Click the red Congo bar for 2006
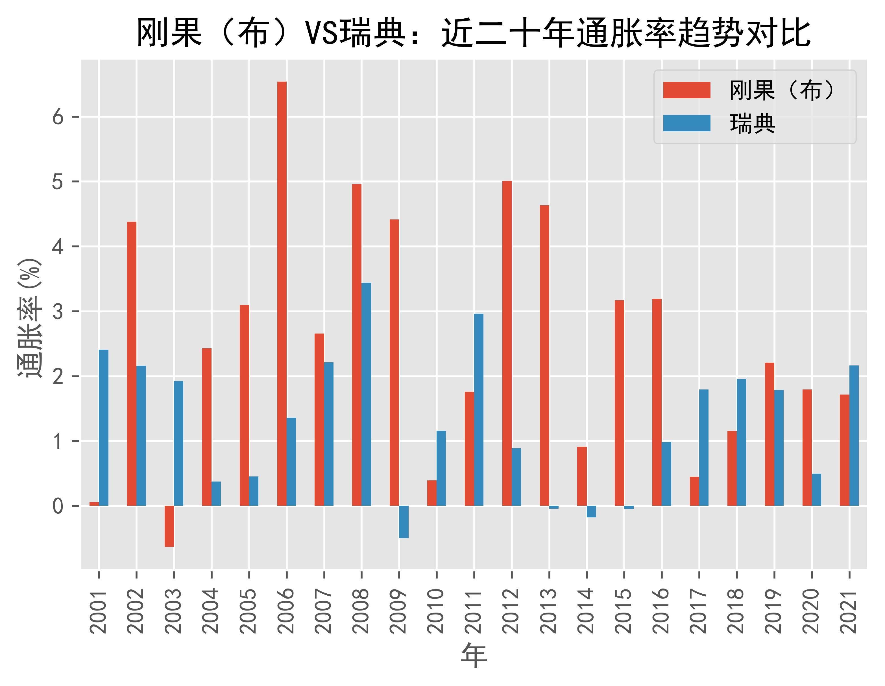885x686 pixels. pyautogui.click(x=282, y=294)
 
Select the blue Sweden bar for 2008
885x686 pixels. pyautogui.click(x=366, y=394)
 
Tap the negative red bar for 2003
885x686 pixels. pyautogui.click(x=169, y=526)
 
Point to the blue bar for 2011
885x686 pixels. pyautogui.click(x=479, y=410)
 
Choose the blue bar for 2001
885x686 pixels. pyautogui.click(x=104, y=428)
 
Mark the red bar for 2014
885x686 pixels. pyautogui.click(x=582, y=476)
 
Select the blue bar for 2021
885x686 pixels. pyautogui.click(x=854, y=435)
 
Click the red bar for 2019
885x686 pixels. pyautogui.click(x=770, y=434)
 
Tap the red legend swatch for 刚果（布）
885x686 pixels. pyautogui.click(x=686, y=90)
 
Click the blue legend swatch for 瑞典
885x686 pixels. pyautogui.click(x=686, y=123)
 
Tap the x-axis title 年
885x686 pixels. pyautogui.click(x=474, y=656)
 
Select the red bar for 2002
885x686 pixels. pyautogui.click(x=132, y=363)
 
